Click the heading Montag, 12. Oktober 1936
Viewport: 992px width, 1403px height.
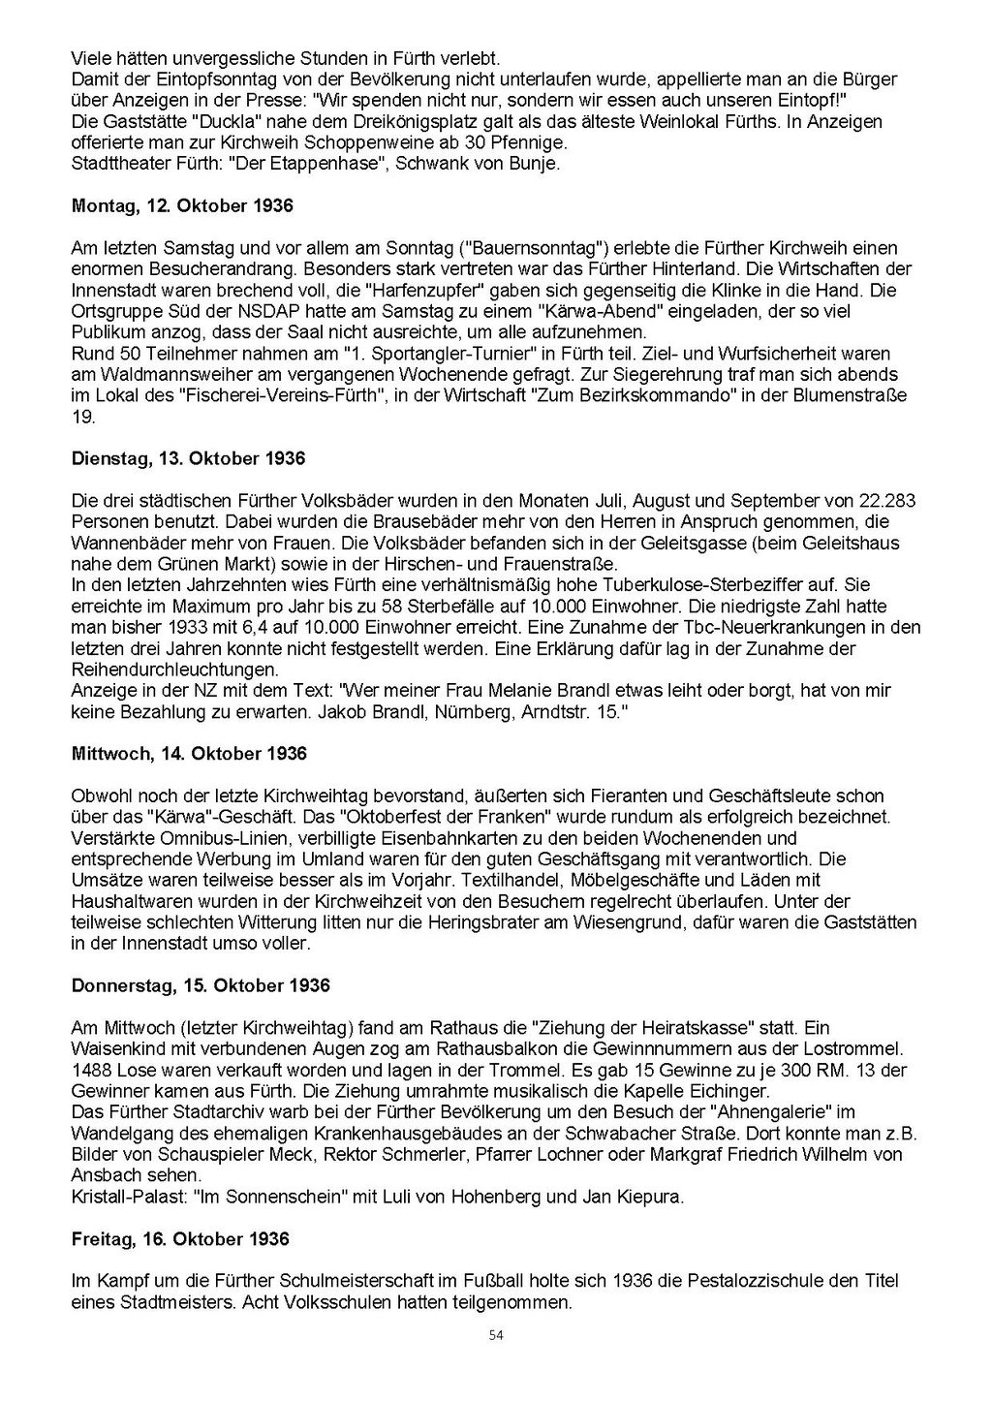coord(182,206)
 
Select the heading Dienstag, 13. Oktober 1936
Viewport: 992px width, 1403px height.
coord(188,459)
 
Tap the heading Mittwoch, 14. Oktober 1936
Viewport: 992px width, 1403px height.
coord(189,754)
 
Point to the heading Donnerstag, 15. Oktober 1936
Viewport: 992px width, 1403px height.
coord(201,986)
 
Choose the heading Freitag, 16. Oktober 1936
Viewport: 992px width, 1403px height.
coord(180,1239)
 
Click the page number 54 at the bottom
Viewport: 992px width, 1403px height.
coord(496,1335)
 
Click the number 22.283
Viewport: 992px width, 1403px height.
coord(887,501)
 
